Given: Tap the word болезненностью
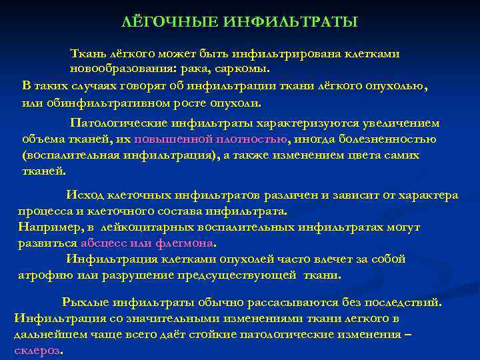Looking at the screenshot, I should pos(389,139).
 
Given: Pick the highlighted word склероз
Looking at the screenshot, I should pos(37,351).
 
